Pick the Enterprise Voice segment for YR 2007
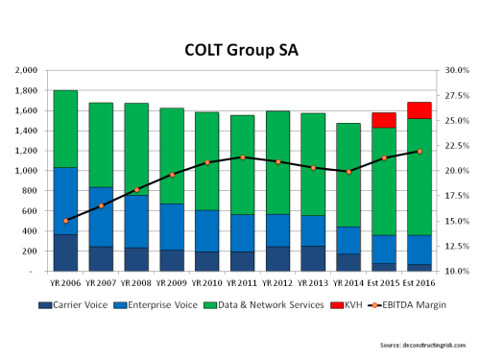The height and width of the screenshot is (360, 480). (x=101, y=217)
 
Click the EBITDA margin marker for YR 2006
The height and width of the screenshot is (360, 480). (x=65, y=221)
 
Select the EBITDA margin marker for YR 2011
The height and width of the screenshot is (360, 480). (x=243, y=157)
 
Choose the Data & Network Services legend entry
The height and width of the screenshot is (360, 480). (x=263, y=304)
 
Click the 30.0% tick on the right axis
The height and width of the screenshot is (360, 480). (x=456, y=70)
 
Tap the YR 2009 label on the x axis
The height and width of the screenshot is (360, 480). (x=173, y=284)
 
